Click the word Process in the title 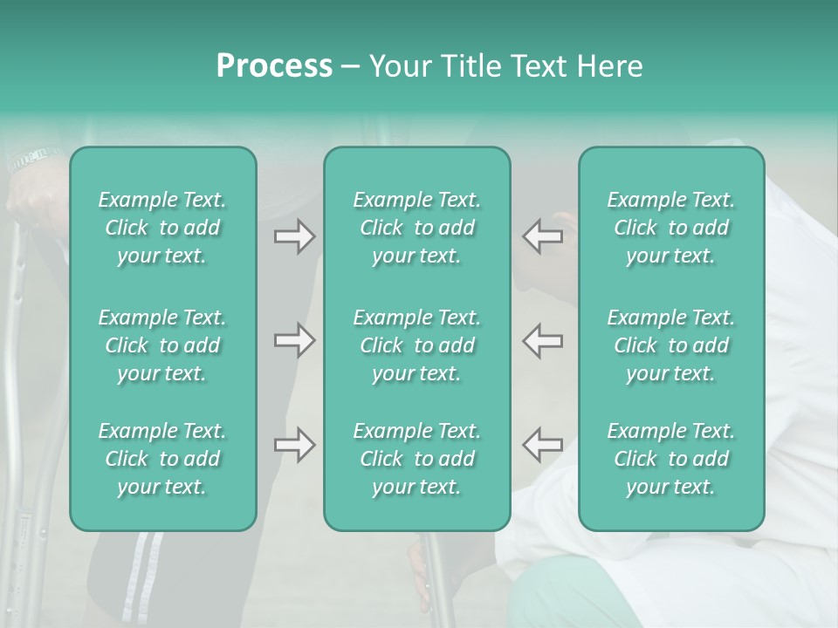(x=274, y=66)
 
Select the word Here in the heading (x=608, y=66)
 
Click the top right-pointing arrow (x=294, y=236)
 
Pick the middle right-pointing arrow (x=294, y=340)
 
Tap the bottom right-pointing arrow (x=294, y=445)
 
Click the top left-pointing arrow (x=542, y=236)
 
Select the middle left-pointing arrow (x=542, y=340)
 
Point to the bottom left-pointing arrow (x=542, y=445)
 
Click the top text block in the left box (x=162, y=228)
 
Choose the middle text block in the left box (x=162, y=345)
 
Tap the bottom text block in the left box (x=162, y=459)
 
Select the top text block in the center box (x=417, y=228)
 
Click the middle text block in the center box (x=417, y=345)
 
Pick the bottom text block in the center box (x=417, y=459)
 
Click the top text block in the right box (x=671, y=228)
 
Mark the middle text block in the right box (x=671, y=345)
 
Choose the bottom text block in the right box (x=671, y=459)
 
